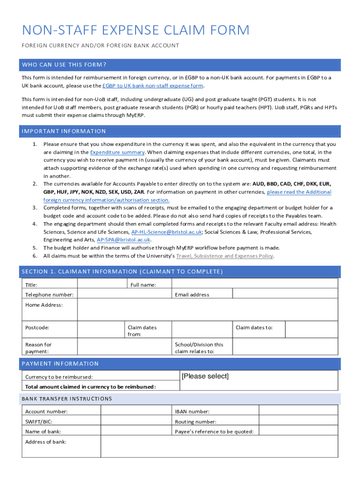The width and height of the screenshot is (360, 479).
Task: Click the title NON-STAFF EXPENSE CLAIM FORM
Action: point(136,30)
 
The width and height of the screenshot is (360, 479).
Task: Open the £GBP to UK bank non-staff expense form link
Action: point(153,86)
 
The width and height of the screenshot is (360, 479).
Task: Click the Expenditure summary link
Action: point(117,152)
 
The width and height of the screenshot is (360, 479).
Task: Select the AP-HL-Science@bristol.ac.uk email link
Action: point(166,232)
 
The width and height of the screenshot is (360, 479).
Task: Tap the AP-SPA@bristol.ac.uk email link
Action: point(123,239)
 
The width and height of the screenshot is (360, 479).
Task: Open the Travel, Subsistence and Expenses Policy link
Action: point(224,256)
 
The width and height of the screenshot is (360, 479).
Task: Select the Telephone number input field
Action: point(124,294)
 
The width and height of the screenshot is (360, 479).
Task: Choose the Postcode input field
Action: point(101,330)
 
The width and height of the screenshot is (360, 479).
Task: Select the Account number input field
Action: point(136,411)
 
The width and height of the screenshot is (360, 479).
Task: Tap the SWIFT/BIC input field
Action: point(136,421)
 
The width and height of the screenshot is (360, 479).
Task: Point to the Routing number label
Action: point(195,421)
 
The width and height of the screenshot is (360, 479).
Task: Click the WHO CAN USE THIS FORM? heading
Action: point(64,65)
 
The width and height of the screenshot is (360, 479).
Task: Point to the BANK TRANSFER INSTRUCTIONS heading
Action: point(67,399)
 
